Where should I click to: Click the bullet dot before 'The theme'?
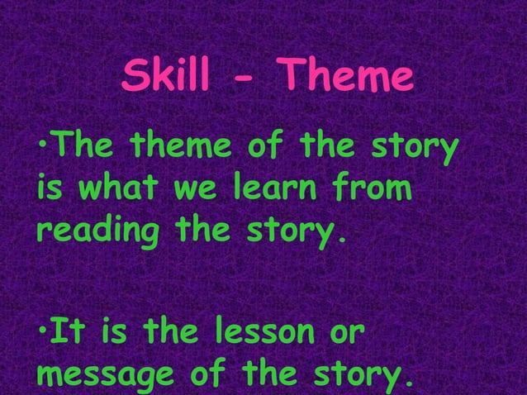coord(41,150)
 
